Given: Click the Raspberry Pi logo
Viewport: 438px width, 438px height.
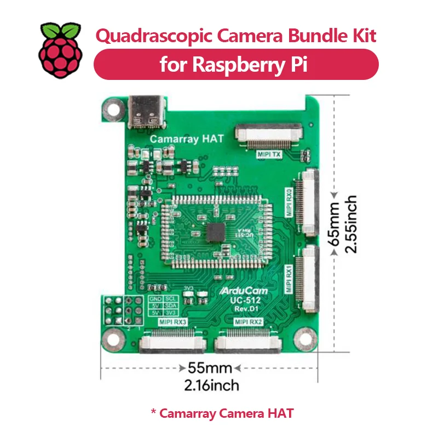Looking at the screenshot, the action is pos(60,50).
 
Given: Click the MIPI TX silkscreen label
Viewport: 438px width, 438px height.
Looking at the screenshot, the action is pos(269,154).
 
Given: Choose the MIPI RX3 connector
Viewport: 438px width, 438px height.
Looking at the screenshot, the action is pos(172,343).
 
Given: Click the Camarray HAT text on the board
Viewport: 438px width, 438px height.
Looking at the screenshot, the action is pos(187,139).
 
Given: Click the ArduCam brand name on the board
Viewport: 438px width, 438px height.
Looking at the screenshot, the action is pos(249,291).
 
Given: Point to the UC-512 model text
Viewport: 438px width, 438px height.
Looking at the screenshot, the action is pos(249,301).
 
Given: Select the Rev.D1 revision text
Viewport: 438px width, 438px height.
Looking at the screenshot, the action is pos(250,310).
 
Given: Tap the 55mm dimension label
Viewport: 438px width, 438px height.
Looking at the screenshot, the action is pos(210,368).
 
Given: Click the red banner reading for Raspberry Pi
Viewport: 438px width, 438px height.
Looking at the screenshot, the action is pos(236,65).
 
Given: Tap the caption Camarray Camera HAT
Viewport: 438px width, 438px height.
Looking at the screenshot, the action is pos(222,413).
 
